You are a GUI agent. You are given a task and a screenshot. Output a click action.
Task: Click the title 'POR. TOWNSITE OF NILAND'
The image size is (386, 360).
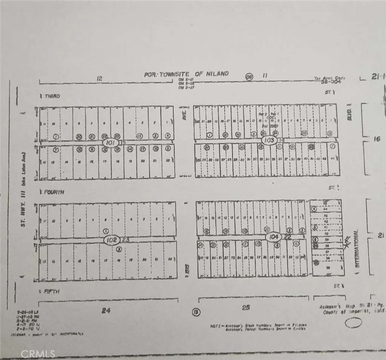[x=186, y=74]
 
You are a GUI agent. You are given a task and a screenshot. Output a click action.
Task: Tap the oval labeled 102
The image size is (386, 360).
[x=112, y=240]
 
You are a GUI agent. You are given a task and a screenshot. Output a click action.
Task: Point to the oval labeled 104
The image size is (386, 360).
[x=273, y=237]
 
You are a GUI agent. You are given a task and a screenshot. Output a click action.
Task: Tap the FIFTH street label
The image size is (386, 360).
[x=52, y=291]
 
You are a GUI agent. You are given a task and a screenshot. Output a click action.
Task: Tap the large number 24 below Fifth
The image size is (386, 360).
[x=106, y=311]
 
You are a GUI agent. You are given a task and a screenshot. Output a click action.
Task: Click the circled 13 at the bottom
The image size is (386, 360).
[x=196, y=312]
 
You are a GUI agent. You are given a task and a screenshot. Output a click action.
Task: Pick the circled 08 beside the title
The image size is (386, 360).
[x=249, y=76]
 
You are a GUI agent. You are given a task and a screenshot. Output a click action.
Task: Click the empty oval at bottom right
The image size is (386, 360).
[x=353, y=323]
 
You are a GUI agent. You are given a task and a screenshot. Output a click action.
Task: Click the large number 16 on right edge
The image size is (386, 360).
[x=377, y=139]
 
